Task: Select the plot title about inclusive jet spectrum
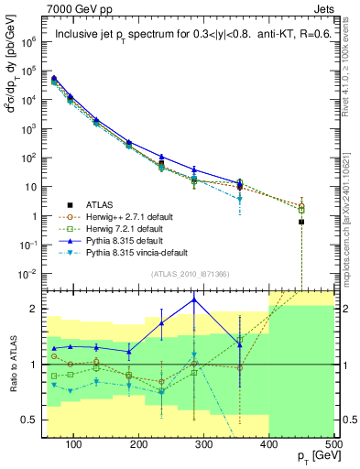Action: point(194,36)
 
